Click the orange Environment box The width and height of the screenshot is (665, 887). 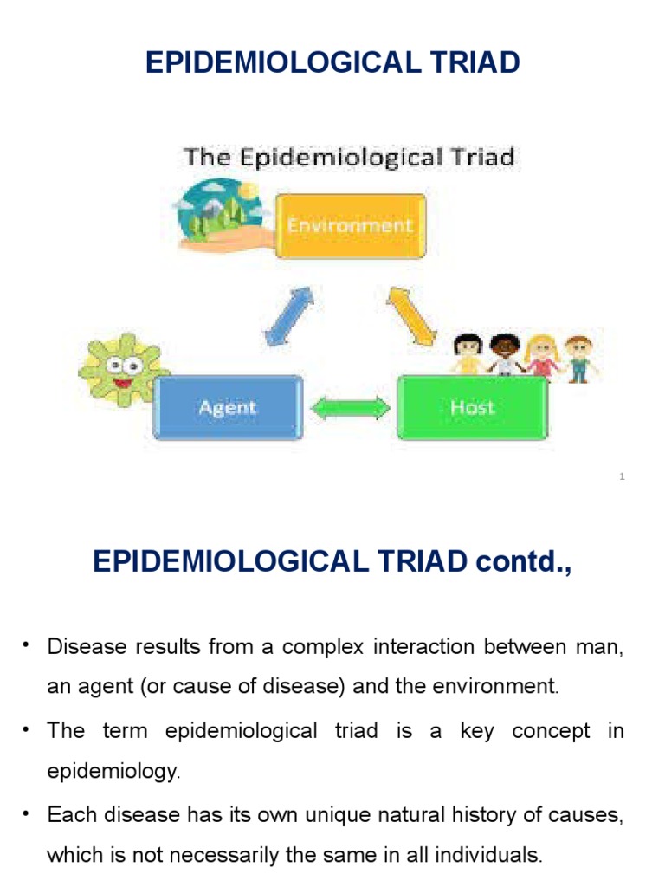coord(350,226)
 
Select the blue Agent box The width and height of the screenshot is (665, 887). coord(228,407)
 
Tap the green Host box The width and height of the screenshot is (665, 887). coord(472,407)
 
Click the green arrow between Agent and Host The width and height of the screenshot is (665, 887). coord(350,408)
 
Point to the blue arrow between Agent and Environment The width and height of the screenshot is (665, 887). coord(289,316)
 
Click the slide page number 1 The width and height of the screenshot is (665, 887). coord(622,477)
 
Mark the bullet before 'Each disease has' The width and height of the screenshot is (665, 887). coord(26,813)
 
